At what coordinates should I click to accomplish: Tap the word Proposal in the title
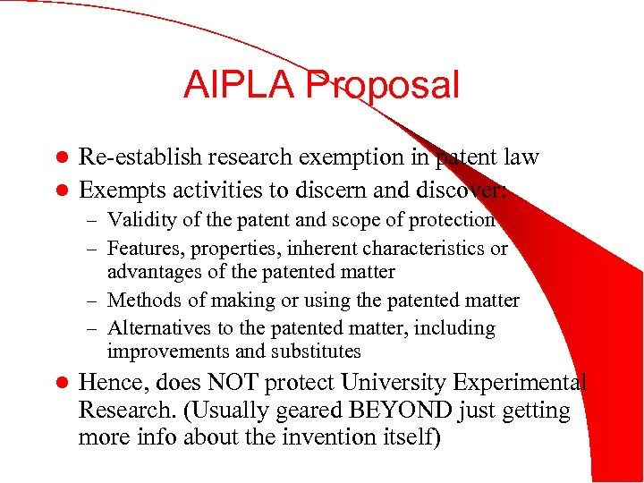[382, 85]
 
